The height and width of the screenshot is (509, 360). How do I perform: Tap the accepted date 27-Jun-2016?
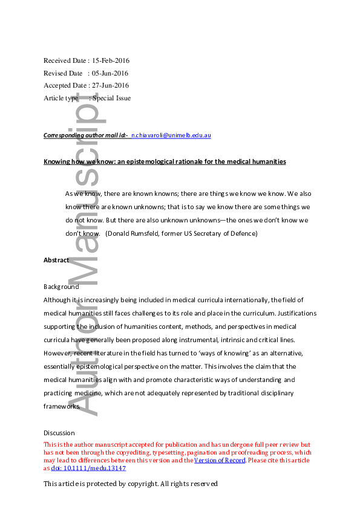(110, 85)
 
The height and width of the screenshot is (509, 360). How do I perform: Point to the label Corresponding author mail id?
(85, 135)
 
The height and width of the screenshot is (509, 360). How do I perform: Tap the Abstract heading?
(56, 260)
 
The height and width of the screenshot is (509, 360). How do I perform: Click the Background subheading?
(61, 287)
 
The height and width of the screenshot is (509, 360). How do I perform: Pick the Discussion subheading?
(59, 433)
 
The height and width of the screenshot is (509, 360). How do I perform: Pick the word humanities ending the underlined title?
(269, 162)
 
